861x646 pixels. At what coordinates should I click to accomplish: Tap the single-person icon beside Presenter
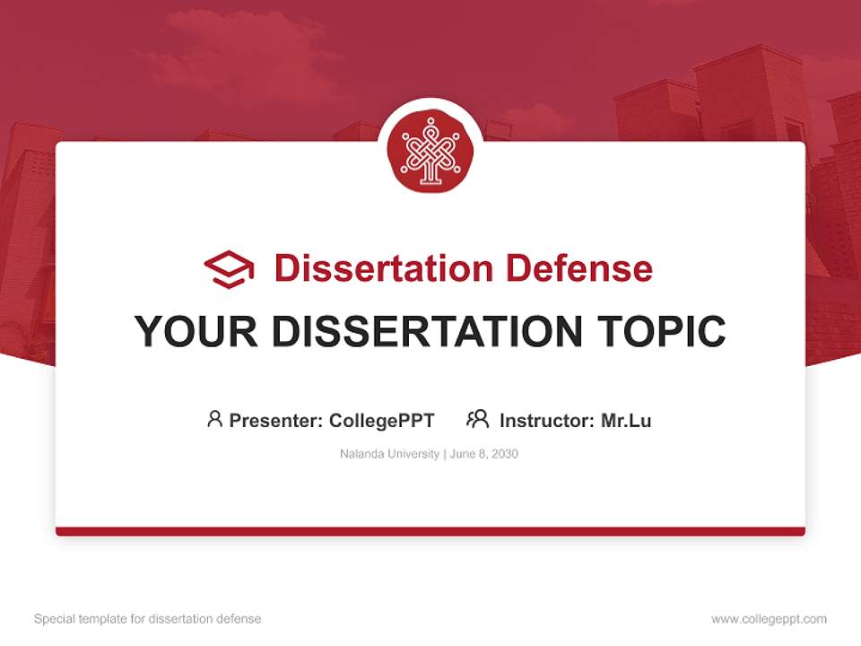coord(214,419)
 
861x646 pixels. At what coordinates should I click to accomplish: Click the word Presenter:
coord(275,420)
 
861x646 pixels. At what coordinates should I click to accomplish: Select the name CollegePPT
coord(381,420)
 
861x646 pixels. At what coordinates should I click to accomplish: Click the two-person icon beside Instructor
coord(477,419)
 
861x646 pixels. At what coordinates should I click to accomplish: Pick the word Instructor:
coord(546,420)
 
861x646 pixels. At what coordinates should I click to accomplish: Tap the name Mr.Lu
coord(626,420)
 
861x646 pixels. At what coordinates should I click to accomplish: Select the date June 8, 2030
coord(484,454)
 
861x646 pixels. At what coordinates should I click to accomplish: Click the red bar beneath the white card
coord(430,531)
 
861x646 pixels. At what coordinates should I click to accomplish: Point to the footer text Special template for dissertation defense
coord(148,619)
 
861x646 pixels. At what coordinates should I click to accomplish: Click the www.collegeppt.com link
coord(769,619)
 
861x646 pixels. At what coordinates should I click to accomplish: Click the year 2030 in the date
coord(504,454)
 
